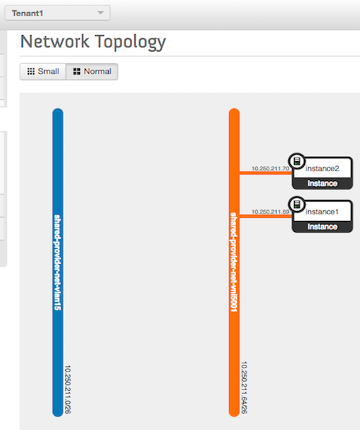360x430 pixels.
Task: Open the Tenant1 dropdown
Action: point(57,13)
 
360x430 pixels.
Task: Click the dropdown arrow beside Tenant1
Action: point(101,13)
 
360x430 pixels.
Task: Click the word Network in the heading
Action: point(55,42)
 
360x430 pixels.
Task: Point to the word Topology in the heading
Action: point(130,42)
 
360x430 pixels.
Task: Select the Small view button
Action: point(43,72)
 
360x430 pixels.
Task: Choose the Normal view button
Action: point(92,72)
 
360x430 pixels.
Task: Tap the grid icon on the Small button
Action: point(31,72)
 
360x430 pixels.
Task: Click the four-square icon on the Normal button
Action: point(77,72)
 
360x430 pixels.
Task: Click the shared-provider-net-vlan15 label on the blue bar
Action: point(58,263)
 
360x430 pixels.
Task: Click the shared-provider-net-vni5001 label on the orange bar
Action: point(234,262)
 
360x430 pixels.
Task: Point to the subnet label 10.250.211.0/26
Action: point(67,390)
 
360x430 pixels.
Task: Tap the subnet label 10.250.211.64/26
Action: point(244,388)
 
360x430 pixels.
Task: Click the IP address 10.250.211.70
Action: point(271,169)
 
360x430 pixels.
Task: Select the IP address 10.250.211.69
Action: point(271,212)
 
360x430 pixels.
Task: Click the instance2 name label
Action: point(322,169)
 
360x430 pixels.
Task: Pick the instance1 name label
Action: point(322,212)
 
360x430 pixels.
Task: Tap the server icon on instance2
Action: point(297,161)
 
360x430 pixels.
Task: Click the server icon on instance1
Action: point(297,204)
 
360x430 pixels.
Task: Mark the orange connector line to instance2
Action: point(266,173)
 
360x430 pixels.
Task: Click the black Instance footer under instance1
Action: point(322,227)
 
